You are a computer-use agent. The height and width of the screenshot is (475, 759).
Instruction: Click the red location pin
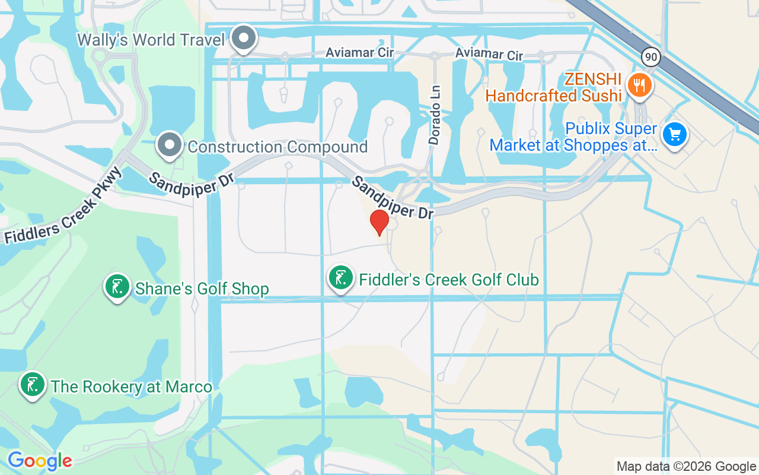tap(379, 222)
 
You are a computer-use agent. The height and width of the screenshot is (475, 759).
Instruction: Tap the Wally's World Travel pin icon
tap(243, 39)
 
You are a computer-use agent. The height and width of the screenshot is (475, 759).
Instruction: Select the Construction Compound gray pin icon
tap(170, 144)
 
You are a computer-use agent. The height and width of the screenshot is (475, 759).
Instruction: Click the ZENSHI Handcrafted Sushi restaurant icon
tap(639, 84)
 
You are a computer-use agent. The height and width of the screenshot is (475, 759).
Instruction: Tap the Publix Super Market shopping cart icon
tap(674, 134)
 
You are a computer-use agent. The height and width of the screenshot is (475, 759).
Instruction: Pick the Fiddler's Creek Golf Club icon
tap(341, 278)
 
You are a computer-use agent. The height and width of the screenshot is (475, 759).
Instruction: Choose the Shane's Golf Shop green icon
tap(117, 287)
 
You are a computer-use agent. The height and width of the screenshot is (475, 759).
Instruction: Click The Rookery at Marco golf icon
tap(33, 385)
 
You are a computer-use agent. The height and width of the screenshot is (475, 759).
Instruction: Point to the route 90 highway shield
tap(650, 57)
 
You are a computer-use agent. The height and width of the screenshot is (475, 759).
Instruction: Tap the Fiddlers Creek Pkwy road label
tap(63, 205)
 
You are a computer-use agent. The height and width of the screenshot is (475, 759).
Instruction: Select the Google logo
tap(40, 461)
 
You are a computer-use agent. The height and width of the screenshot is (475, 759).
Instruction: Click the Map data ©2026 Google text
tap(686, 467)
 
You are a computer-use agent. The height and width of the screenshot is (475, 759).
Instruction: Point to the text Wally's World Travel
tap(152, 40)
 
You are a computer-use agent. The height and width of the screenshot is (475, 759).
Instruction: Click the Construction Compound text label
tap(278, 147)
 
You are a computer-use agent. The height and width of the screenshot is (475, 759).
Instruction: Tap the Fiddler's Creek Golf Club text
tap(448, 280)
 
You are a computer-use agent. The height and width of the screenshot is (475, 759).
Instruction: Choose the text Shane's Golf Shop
tap(202, 289)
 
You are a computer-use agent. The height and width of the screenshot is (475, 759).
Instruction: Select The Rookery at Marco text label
tap(131, 387)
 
